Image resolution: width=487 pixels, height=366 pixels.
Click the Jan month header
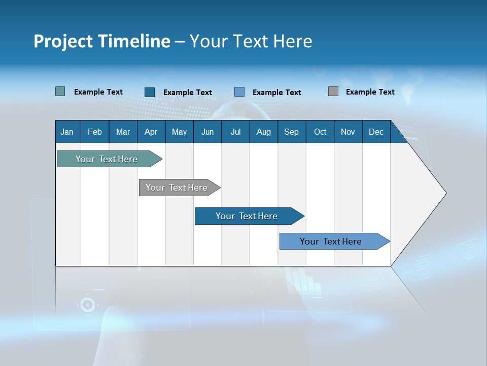pos(67,132)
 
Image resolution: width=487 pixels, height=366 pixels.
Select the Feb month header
pos(95,132)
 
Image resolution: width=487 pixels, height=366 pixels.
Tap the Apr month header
pos(151,132)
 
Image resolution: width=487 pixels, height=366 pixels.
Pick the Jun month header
pos(207,132)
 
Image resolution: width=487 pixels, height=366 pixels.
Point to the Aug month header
pos(263,132)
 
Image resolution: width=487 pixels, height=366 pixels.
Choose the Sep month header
pos(291,132)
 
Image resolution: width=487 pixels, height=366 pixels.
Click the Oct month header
pos(320,132)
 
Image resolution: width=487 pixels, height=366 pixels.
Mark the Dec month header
pos(376,132)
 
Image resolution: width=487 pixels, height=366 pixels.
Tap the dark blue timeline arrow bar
pos(247,216)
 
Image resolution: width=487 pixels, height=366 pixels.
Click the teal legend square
pos(60,91)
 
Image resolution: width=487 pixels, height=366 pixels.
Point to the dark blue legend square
pos(150,92)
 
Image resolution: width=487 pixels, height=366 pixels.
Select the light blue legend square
pos(239,92)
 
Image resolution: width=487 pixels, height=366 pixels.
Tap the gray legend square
pos(333,91)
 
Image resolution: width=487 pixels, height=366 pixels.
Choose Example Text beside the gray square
pos(370,92)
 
